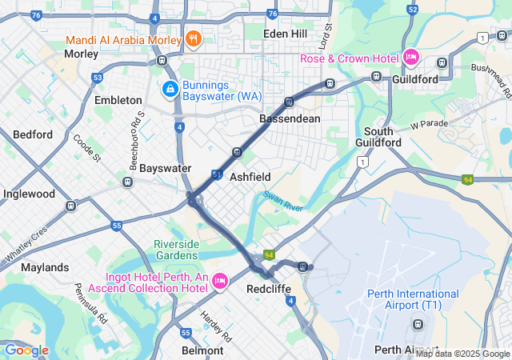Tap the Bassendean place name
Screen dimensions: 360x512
[290, 118]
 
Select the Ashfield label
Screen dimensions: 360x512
[250, 176]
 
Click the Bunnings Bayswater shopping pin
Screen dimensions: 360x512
[170, 88]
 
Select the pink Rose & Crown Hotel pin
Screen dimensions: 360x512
[411, 57]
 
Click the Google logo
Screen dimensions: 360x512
[26, 350]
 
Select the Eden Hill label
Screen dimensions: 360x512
[286, 33]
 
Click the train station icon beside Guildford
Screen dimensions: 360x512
[376, 77]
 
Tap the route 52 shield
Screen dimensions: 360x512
[413, 10]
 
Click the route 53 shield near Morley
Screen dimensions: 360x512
[97, 78]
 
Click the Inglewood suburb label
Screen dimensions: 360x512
[29, 194]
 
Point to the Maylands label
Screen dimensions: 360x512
[46, 266]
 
